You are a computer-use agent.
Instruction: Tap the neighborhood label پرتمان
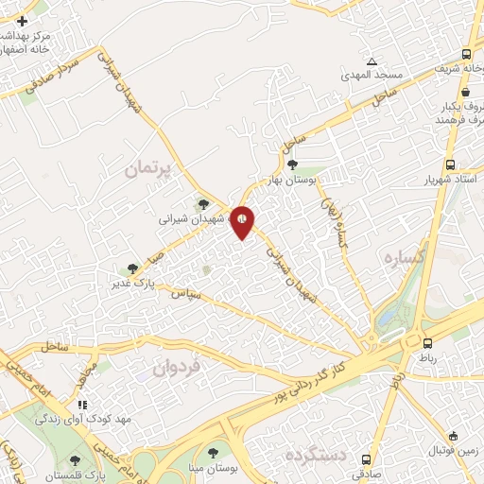click(150, 171)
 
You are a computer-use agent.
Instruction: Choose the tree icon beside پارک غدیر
click(132, 268)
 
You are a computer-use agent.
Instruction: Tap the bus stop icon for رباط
click(428, 343)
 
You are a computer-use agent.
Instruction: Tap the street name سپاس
click(185, 296)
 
